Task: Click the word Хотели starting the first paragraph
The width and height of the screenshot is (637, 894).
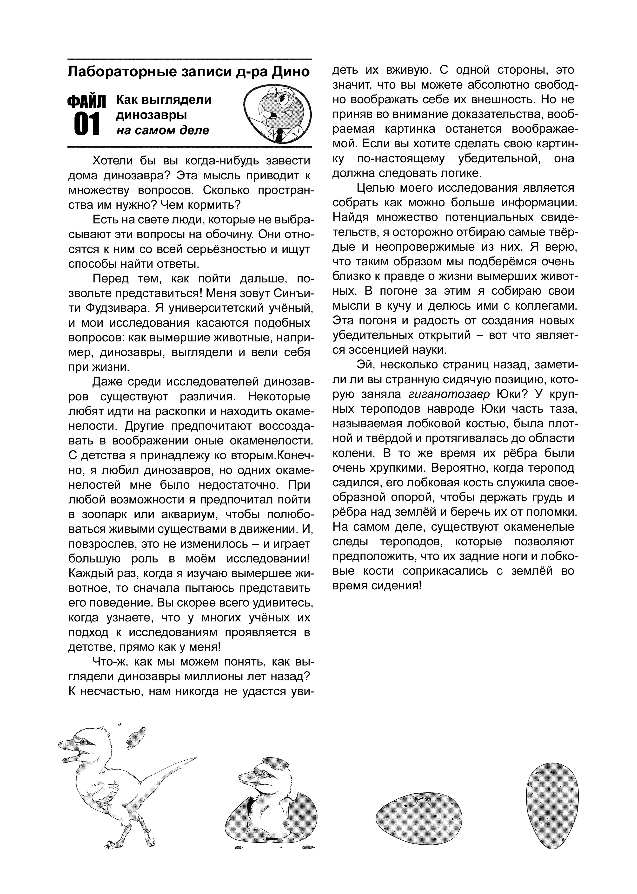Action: (x=111, y=161)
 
